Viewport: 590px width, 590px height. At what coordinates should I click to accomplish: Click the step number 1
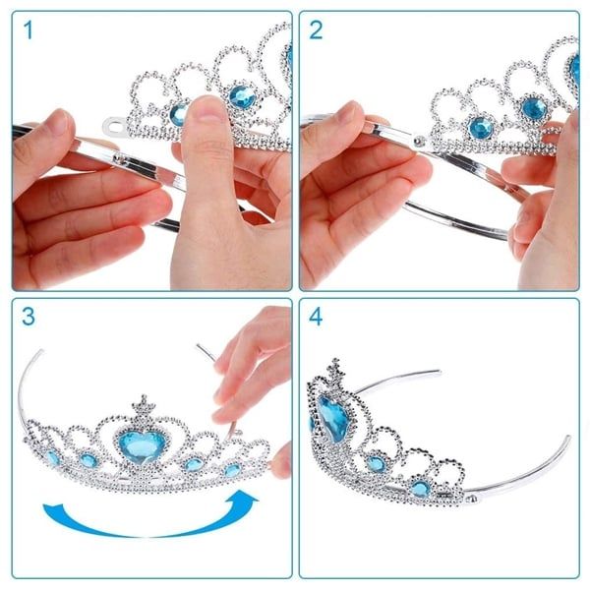(29, 30)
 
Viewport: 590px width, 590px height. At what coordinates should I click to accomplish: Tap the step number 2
(317, 30)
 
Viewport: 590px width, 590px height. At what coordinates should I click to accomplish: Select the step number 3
(29, 319)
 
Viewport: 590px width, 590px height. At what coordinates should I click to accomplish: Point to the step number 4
(317, 319)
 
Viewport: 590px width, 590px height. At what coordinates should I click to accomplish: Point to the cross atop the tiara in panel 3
(142, 404)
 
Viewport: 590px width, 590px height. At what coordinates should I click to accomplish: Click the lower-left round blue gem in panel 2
(479, 126)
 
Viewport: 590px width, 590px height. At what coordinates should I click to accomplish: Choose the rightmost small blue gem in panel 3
(232, 469)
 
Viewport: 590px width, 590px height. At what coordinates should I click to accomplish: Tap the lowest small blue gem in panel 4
(420, 488)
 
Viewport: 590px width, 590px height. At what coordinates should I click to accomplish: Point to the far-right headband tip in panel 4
(566, 438)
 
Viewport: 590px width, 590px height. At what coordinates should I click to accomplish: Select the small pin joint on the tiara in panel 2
(423, 141)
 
